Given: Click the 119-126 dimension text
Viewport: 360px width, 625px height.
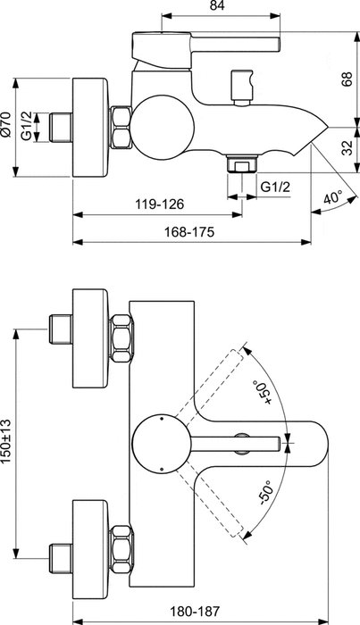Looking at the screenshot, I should coord(159,204).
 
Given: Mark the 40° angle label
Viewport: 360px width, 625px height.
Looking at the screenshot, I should coord(332,197).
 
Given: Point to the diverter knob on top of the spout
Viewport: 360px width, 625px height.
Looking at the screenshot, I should coord(240,84).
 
